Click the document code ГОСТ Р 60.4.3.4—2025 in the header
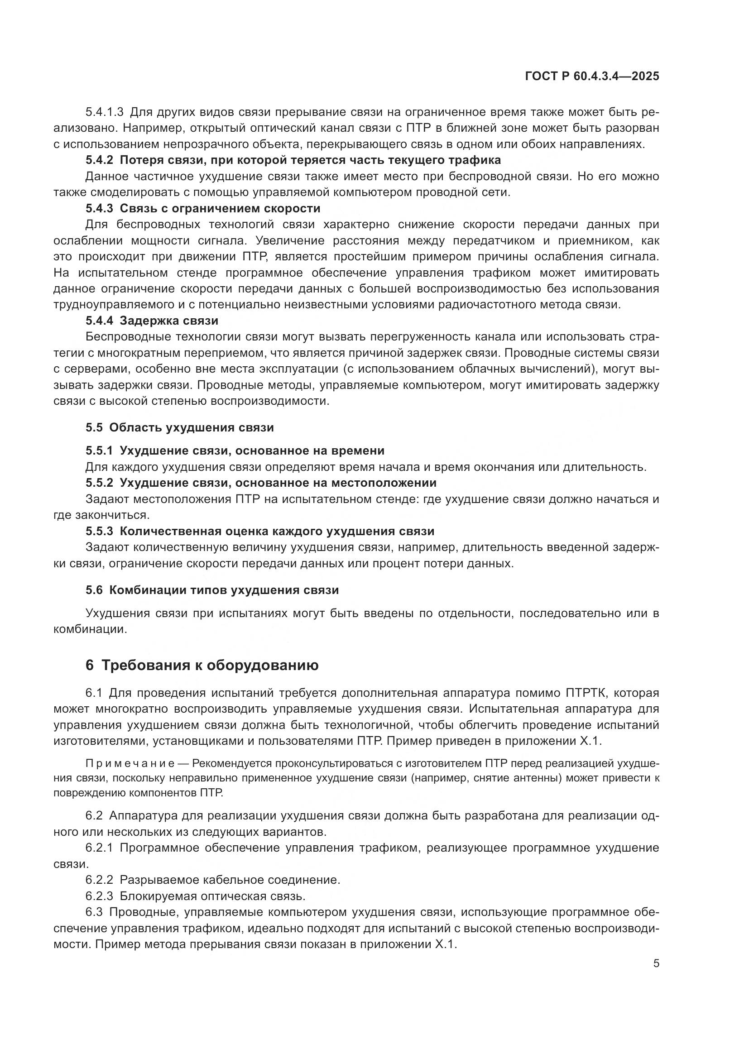(592, 77)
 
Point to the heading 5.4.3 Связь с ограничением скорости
(203, 208)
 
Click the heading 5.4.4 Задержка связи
(152, 320)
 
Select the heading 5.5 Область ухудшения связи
(179, 427)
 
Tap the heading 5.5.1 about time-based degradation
(235, 450)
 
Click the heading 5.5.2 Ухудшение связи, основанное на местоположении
(260, 483)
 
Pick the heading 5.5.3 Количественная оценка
(259, 531)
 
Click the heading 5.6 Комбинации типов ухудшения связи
(212, 590)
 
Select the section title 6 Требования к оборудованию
(202, 665)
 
